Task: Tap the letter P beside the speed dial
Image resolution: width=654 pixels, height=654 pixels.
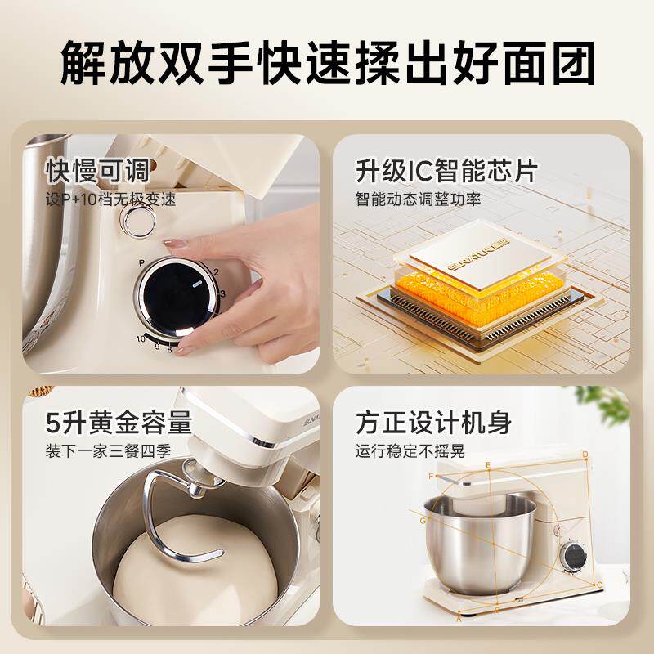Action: (x=141, y=262)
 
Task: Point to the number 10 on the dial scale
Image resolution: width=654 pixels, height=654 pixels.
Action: (x=141, y=337)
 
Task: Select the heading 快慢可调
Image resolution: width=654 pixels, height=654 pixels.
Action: (x=98, y=171)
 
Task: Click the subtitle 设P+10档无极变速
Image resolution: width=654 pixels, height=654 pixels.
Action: (x=110, y=199)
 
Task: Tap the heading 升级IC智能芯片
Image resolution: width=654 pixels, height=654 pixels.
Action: (x=446, y=171)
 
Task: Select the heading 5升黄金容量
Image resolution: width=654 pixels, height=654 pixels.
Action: (x=119, y=423)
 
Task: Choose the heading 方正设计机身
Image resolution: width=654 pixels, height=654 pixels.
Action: (x=433, y=423)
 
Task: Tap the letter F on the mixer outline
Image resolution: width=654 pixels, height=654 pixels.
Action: (x=431, y=476)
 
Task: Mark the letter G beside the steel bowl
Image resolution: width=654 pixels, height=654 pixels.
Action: (x=423, y=520)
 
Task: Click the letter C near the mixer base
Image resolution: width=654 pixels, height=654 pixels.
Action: (x=599, y=584)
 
